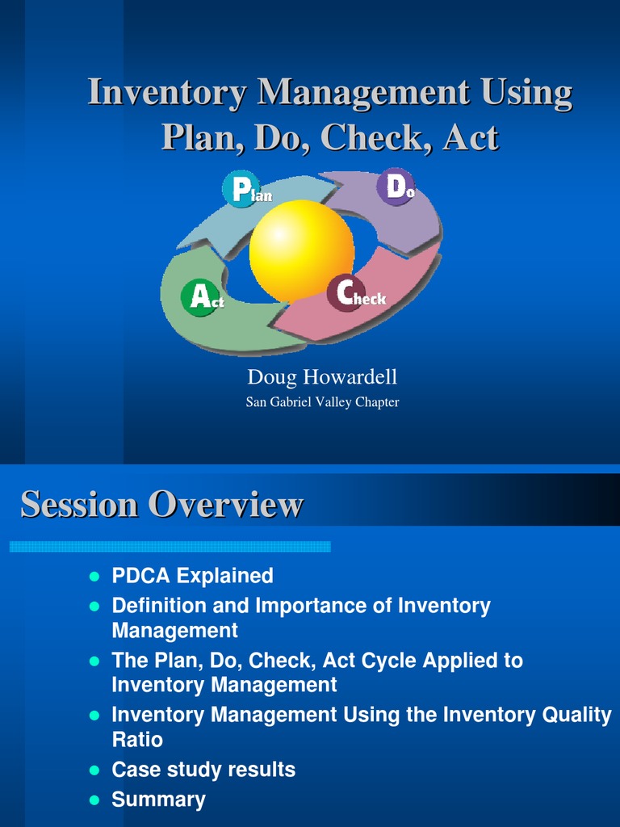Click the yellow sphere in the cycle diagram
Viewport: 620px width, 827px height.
[301, 251]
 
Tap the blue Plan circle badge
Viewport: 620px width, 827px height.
[241, 189]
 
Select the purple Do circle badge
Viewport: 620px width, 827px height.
[396, 187]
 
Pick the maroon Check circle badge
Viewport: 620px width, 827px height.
[346, 293]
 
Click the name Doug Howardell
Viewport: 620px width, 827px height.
[322, 377]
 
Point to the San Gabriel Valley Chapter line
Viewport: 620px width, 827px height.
[322, 402]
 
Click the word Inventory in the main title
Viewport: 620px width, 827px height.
[167, 92]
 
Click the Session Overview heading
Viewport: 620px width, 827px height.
[161, 505]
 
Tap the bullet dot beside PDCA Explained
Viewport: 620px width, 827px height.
[94, 577]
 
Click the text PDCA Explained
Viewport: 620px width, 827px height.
[192, 576]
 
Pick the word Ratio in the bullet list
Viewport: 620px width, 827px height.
[137, 740]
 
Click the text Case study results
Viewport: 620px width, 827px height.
[203, 770]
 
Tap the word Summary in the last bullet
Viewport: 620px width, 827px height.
[158, 800]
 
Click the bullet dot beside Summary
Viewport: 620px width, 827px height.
[94, 800]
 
